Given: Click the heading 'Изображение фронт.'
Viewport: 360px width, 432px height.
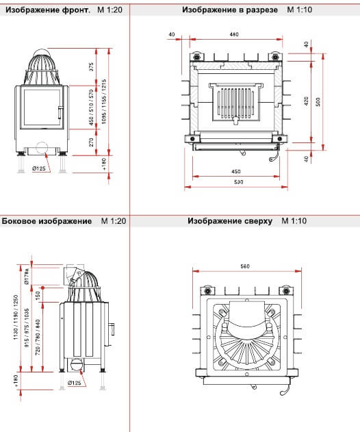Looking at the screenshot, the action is (48, 10).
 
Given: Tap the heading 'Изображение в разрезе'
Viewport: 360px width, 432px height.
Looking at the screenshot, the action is (230, 10).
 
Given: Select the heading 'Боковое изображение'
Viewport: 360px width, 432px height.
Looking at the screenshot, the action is (47, 221).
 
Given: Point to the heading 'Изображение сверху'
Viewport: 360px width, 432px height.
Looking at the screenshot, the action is (230, 221).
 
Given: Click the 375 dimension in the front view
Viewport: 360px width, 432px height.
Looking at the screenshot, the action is (91, 67).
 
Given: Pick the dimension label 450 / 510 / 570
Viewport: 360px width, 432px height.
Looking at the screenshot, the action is (91, 107).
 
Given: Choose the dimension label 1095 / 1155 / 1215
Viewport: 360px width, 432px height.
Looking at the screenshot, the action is (104, 101).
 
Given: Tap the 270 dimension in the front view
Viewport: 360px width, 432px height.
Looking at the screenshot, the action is (91, 142).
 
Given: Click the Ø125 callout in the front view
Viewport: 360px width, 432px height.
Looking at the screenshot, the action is (39, 168).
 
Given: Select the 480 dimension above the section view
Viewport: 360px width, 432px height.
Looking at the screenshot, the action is (234, 34).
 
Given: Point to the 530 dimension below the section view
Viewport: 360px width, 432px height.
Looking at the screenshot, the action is (239, 182).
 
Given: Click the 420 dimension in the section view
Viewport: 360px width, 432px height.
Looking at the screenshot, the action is (307, 101).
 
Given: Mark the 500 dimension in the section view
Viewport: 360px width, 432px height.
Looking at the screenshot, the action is (318, 102).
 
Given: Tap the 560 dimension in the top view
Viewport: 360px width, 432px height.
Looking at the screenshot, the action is (245, 266).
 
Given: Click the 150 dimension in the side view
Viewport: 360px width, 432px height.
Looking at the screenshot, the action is (38, 296).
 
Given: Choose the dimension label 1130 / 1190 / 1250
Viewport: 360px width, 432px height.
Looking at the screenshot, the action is (16, 317).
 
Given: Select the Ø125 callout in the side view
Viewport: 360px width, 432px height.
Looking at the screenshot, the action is (74, 383).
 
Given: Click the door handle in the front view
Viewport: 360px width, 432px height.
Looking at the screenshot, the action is (60, 112).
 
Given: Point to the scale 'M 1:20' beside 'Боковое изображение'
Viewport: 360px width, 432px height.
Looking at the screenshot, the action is (114, 221).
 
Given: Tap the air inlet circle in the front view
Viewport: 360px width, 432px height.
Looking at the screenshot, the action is (42, 148).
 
